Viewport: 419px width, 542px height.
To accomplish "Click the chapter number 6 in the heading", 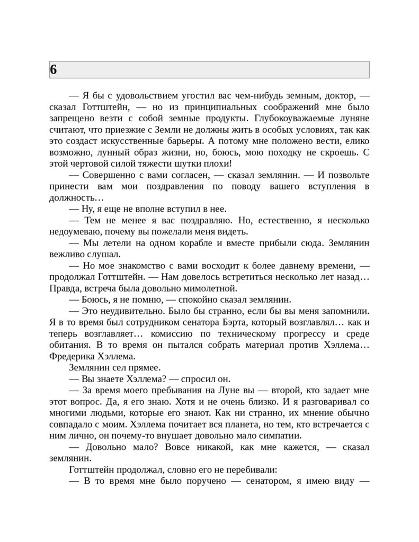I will [54, 70].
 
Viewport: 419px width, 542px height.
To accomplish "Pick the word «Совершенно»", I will [109, 175].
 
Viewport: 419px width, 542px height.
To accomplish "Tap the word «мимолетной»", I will [213, 288].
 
